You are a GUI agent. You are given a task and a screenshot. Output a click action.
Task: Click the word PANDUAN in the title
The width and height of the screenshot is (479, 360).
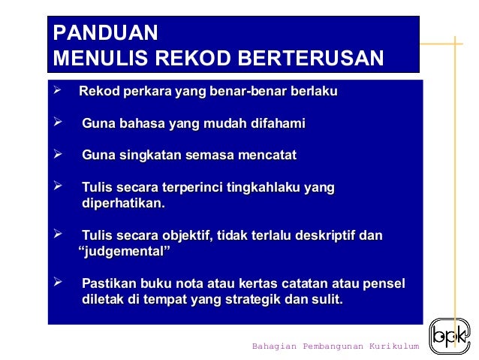point(105,33)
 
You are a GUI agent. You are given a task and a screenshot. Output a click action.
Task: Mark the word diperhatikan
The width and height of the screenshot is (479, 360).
point(123,203)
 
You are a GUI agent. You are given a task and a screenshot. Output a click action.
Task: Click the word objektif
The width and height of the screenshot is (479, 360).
point(174,236)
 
